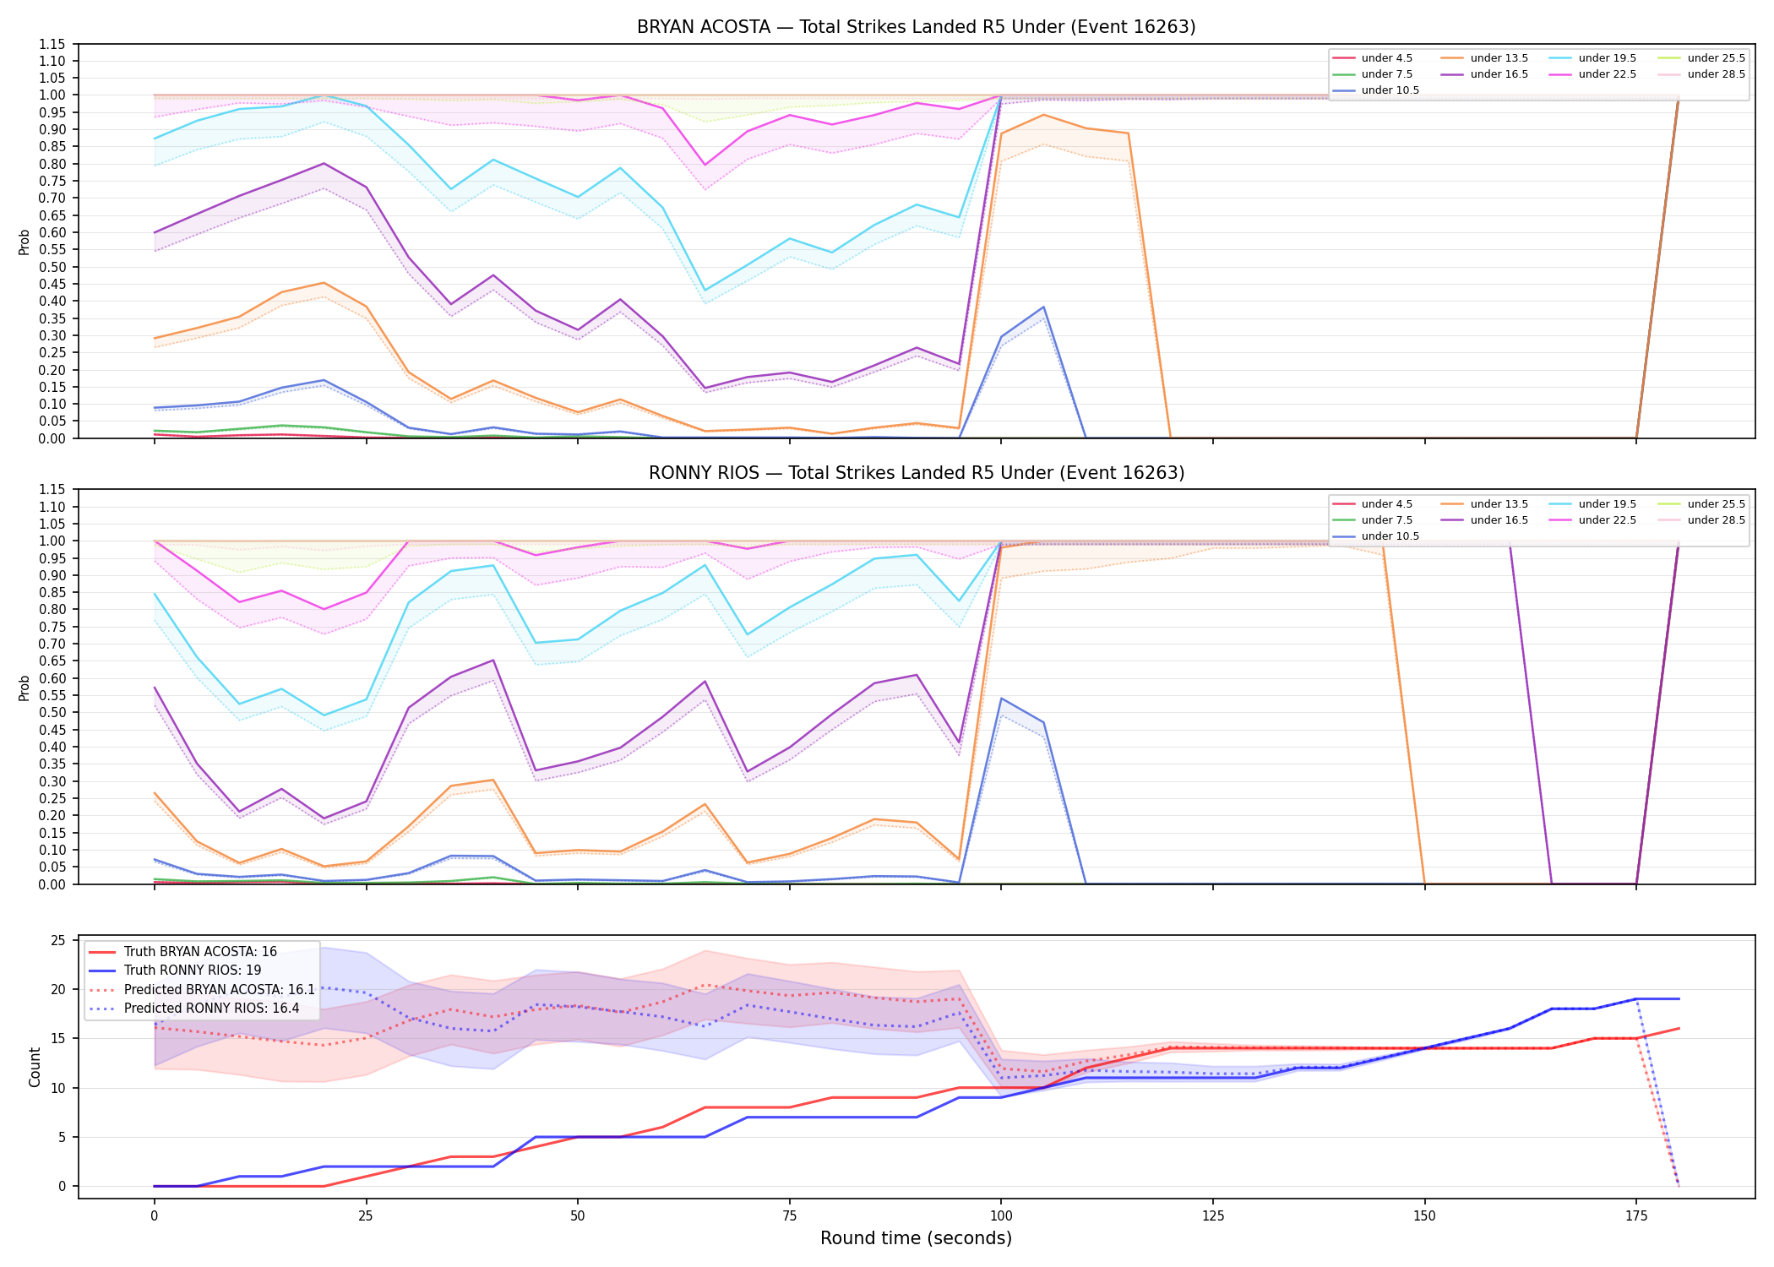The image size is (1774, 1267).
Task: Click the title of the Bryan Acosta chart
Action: coord(916,27)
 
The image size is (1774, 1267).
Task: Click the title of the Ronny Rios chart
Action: coord(916,473)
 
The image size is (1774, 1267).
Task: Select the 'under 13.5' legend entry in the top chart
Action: coord(1484,58)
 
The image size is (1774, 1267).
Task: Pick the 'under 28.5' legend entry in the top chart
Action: coord(1701,74)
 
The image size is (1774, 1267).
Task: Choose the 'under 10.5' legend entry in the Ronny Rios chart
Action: coord(1375,536)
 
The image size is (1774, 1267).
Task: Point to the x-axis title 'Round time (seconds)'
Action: coord(916,1238)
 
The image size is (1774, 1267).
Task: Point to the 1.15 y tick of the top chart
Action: coord(52,44)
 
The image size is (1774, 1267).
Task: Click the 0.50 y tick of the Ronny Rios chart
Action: coord(52,713)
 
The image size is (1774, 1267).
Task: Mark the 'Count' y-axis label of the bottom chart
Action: coord(35,1067)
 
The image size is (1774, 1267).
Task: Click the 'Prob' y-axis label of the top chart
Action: coord(24,242)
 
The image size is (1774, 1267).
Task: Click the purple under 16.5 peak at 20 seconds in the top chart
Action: coord(324,163)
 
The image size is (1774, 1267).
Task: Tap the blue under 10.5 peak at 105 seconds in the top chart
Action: coord(1043,307)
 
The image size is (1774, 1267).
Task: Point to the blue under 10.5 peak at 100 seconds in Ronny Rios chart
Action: coord(1001,699)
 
